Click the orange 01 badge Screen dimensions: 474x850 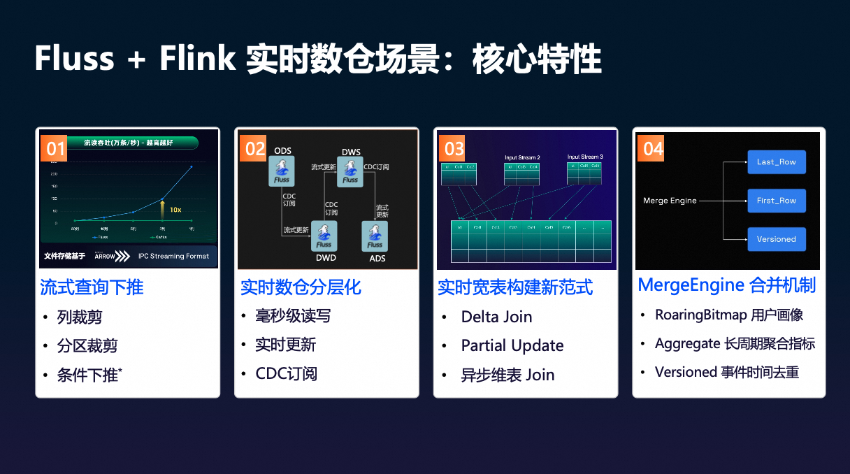(55, 149)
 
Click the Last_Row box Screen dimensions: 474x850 (776, 161)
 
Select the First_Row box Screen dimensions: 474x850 (776, 201)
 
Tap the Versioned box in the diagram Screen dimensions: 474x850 (776, 239)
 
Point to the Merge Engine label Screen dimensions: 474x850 (670, 201)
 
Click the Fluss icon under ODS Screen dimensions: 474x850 (282, 171)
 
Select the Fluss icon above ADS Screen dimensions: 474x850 (375, 236)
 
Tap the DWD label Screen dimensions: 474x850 (325, 258)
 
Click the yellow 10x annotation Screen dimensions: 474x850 (175, 209)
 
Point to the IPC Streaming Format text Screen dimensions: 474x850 (173, 256)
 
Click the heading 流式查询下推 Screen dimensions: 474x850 (92, 287)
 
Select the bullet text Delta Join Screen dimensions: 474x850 (496, 317)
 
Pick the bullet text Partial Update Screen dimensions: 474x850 (512, 346)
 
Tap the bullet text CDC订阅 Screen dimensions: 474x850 (286, 374)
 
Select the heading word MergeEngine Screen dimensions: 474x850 (690, 286)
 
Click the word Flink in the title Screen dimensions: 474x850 (198, 59)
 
